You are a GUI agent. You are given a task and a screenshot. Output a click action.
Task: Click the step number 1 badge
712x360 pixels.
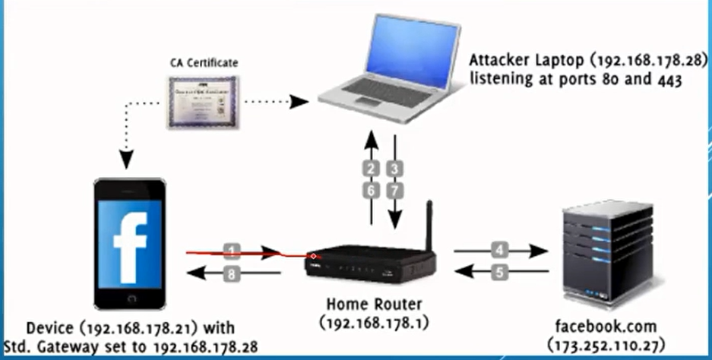coord(233,250)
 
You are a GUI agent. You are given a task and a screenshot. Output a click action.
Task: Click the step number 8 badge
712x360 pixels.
coord(233,274)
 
